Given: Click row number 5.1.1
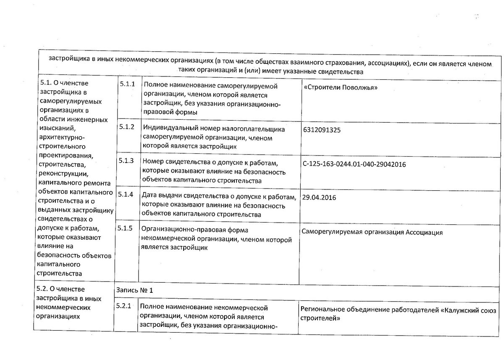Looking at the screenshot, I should coord(126,84).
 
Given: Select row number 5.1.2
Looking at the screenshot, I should coord(126,127).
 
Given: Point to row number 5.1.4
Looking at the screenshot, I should coord(126,194).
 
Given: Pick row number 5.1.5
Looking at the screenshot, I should coord(126,229).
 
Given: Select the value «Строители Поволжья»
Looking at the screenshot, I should coord(340,88).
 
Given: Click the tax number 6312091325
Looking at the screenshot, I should coord(321,130).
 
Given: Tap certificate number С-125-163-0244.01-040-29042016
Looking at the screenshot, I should coord(354,164).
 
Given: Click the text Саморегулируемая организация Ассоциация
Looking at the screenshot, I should coord(372,232).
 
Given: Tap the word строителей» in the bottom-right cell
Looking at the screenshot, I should coord(320,318).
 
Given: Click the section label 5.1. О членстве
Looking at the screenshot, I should coord(64,82).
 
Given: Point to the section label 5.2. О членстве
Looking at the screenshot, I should coord(61,289).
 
